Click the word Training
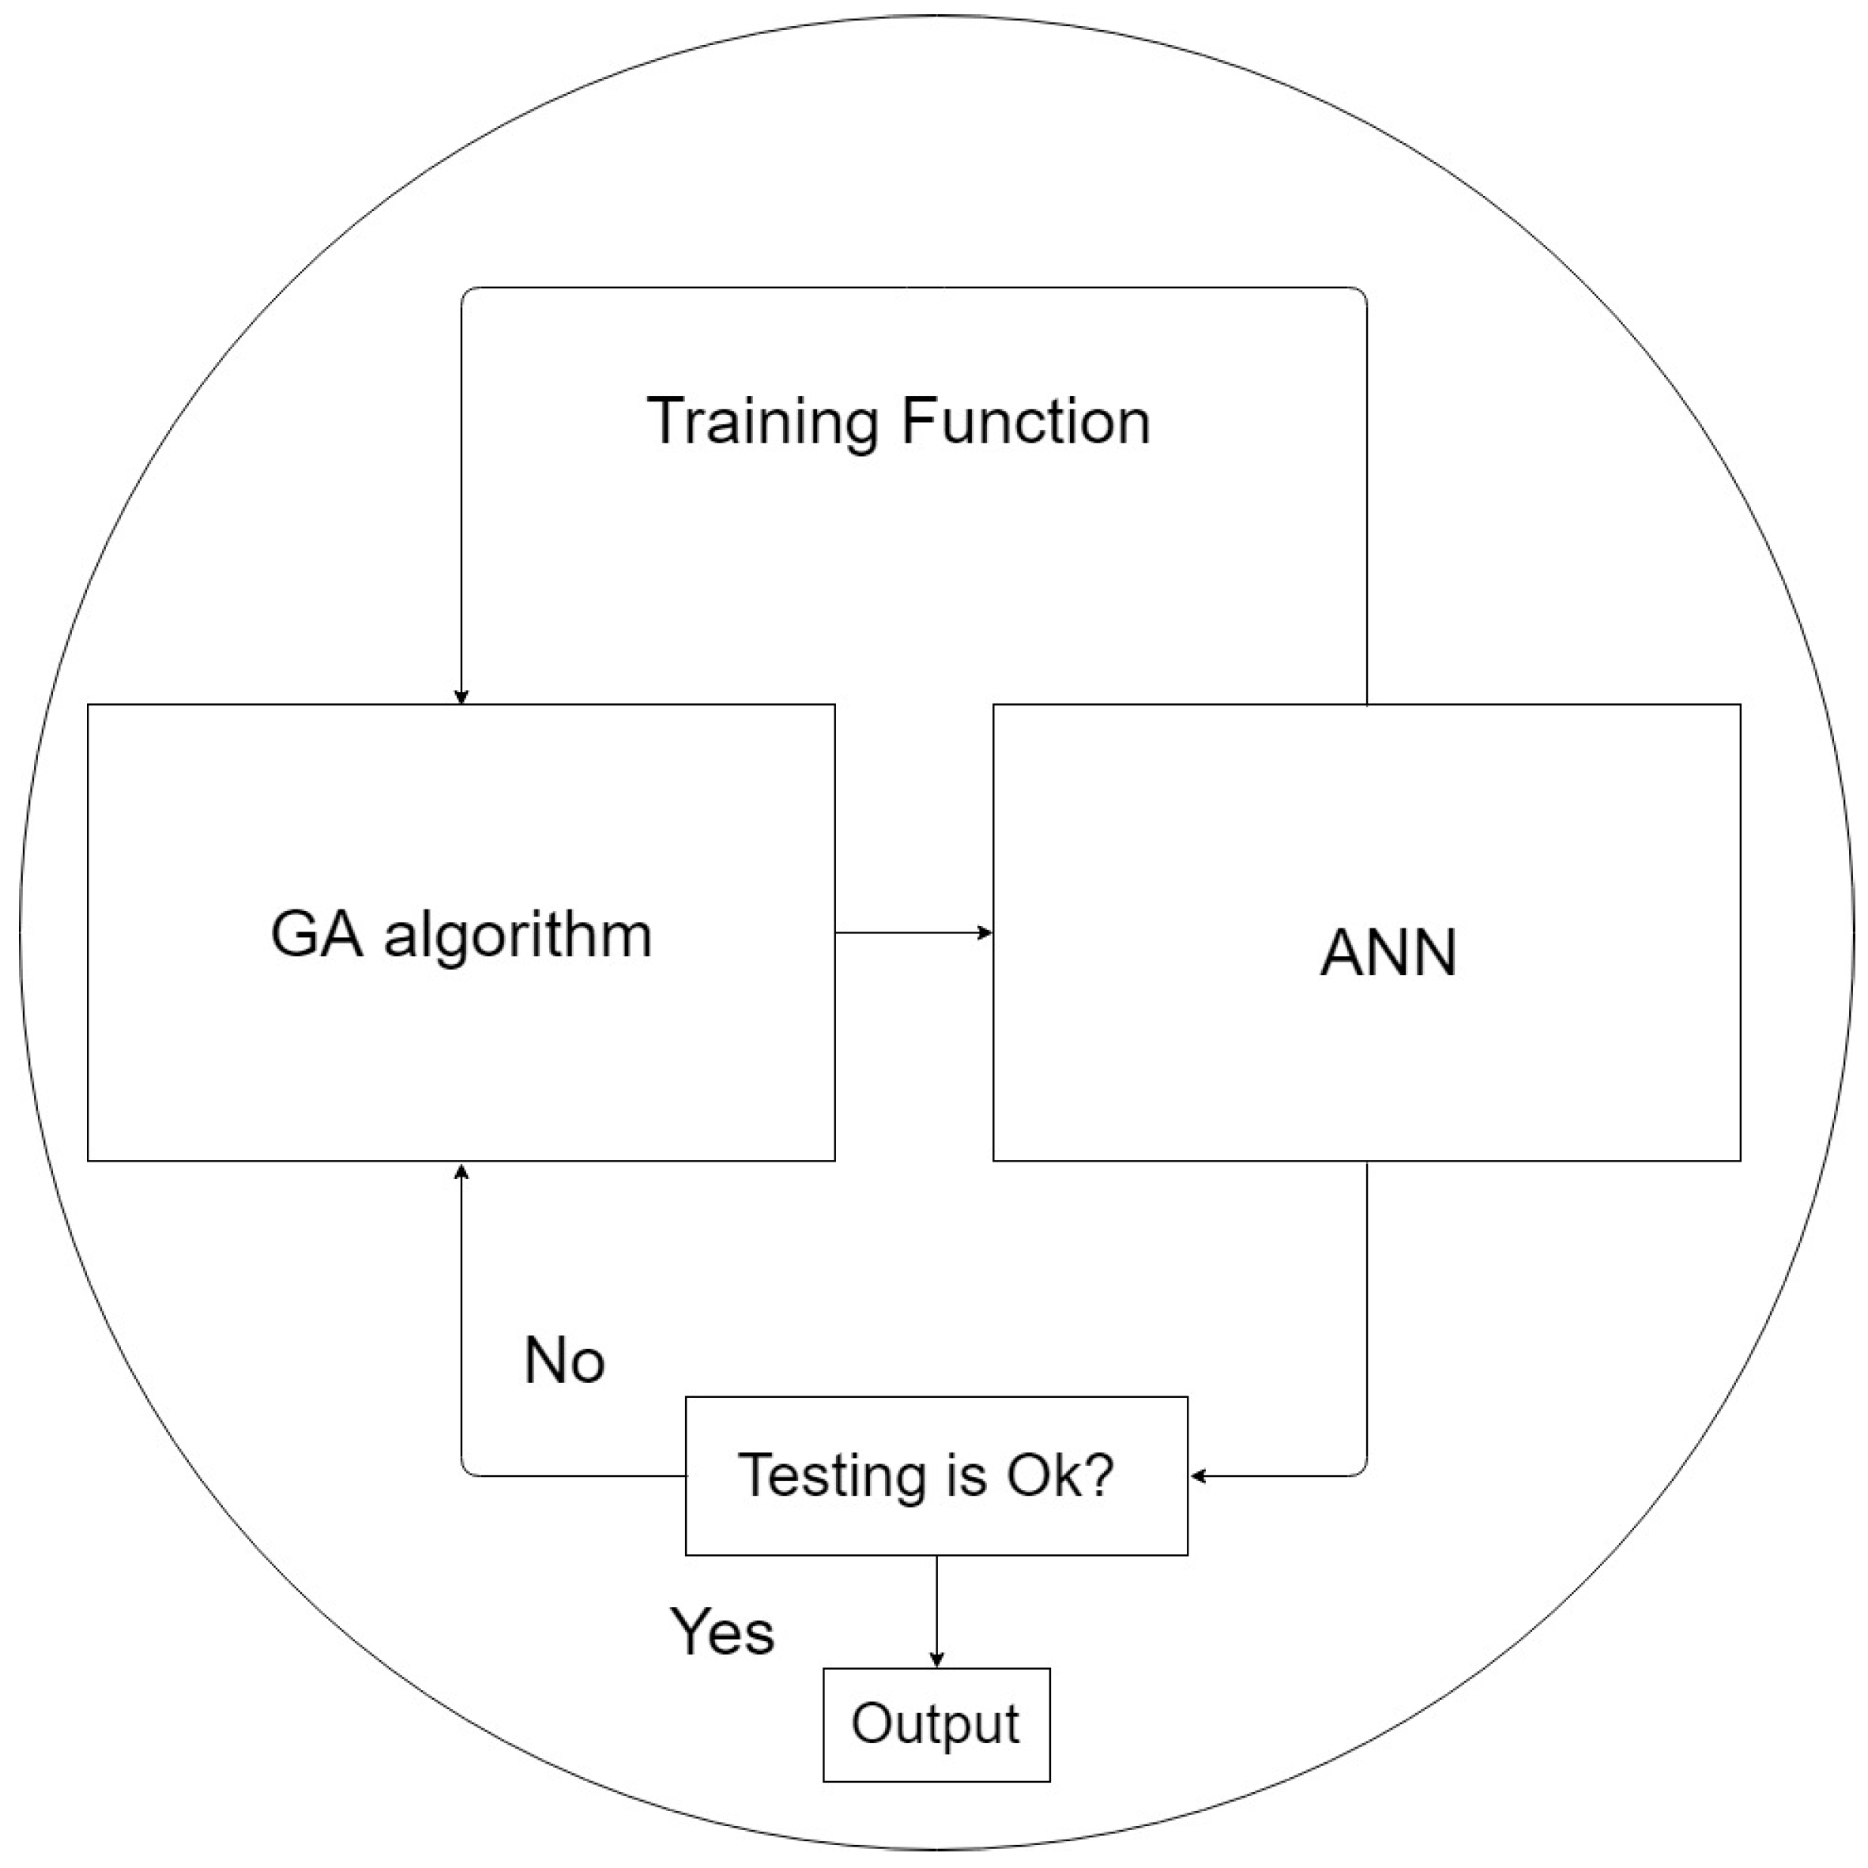(x=763, y=423)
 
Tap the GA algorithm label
(x=461, y=935)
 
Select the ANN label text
(x=1388, y=953)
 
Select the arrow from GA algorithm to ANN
(x=913, y=932)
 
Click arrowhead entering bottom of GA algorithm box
(x=461, y=1171)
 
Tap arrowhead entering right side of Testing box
(x=1198, y=1475)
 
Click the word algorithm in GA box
(x=518, y=935)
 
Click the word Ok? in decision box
(x=1060, y=1475)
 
